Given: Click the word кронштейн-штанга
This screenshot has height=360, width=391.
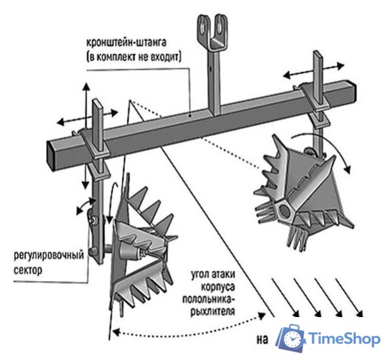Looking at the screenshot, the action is click(x=126, y=42).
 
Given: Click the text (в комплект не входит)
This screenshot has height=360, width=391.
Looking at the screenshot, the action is click(x=134, y=57).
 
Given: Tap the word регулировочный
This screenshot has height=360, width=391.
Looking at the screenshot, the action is click(x=49, y=256).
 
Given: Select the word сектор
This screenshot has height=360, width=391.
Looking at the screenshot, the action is click(x=28, y=270).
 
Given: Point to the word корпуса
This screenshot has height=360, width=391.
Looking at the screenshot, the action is click(x=218, y=287).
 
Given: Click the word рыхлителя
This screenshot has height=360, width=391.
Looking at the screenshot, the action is click(x=213, y=311).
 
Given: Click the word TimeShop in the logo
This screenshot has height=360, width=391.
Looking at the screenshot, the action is click(x=345, y=339).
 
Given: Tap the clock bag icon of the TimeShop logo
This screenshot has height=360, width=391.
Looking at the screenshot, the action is click(x=291, y=339).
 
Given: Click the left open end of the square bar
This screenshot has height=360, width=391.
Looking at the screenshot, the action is click(x=51, y=155).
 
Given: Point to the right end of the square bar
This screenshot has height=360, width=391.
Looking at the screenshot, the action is click(x=352, y=90).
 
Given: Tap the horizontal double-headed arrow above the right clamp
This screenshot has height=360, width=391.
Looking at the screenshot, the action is click(x=314, y=71).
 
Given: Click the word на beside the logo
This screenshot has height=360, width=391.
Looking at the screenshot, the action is click(x=262, y=340).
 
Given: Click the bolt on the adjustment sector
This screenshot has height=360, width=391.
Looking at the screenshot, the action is click(x=94, y=220).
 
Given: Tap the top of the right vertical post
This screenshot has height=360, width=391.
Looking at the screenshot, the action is click(x=317, y=52).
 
